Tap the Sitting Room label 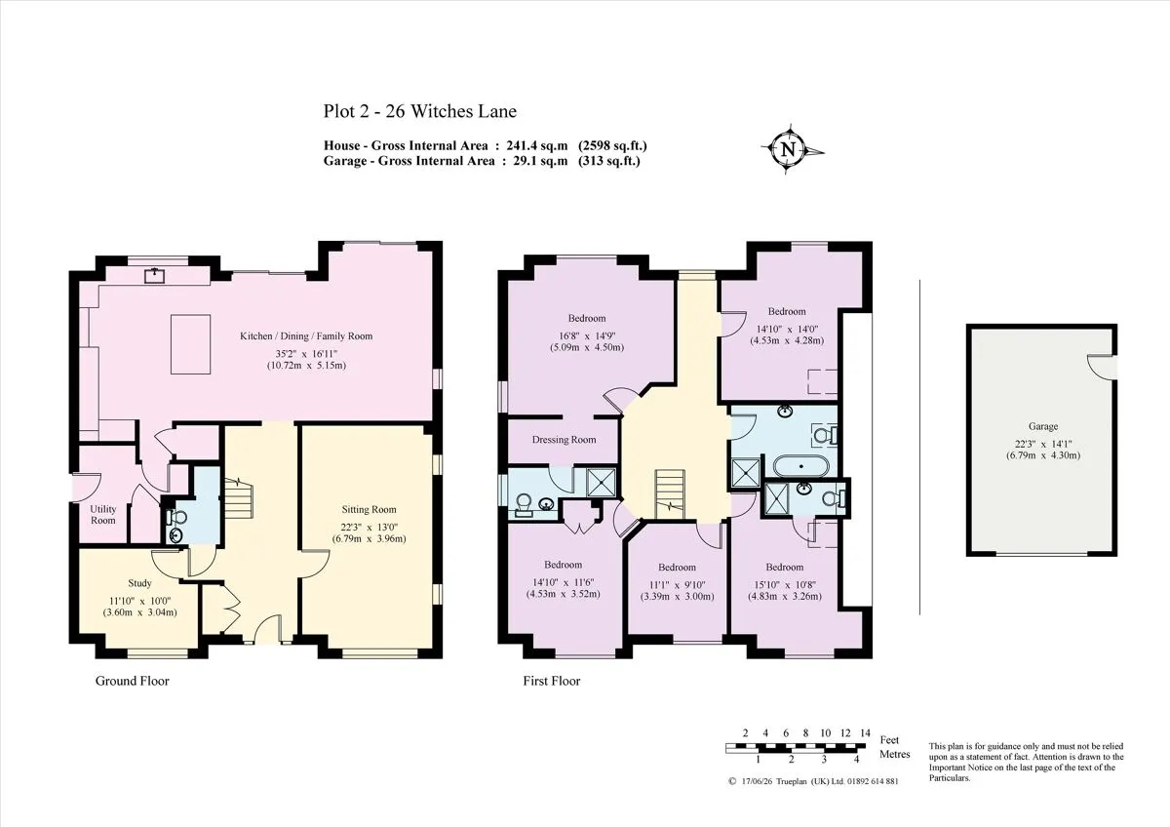[369, 509]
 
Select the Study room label [139, 583]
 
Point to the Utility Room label [103, 515]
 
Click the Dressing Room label [565, 440]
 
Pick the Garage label [1043, 426]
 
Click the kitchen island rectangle [191, 344]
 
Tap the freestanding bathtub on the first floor [800, 466]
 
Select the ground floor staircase [238, 497]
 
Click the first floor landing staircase [670, 494]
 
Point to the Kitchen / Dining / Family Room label [306, 336]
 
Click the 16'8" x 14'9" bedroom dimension [587, 335]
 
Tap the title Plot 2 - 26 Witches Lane [420, 111]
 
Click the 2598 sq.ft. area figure [612, 145]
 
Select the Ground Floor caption [133, 681]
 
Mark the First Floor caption [552, 681]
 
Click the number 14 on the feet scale [866, 733]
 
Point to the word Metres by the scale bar [895, 755]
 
